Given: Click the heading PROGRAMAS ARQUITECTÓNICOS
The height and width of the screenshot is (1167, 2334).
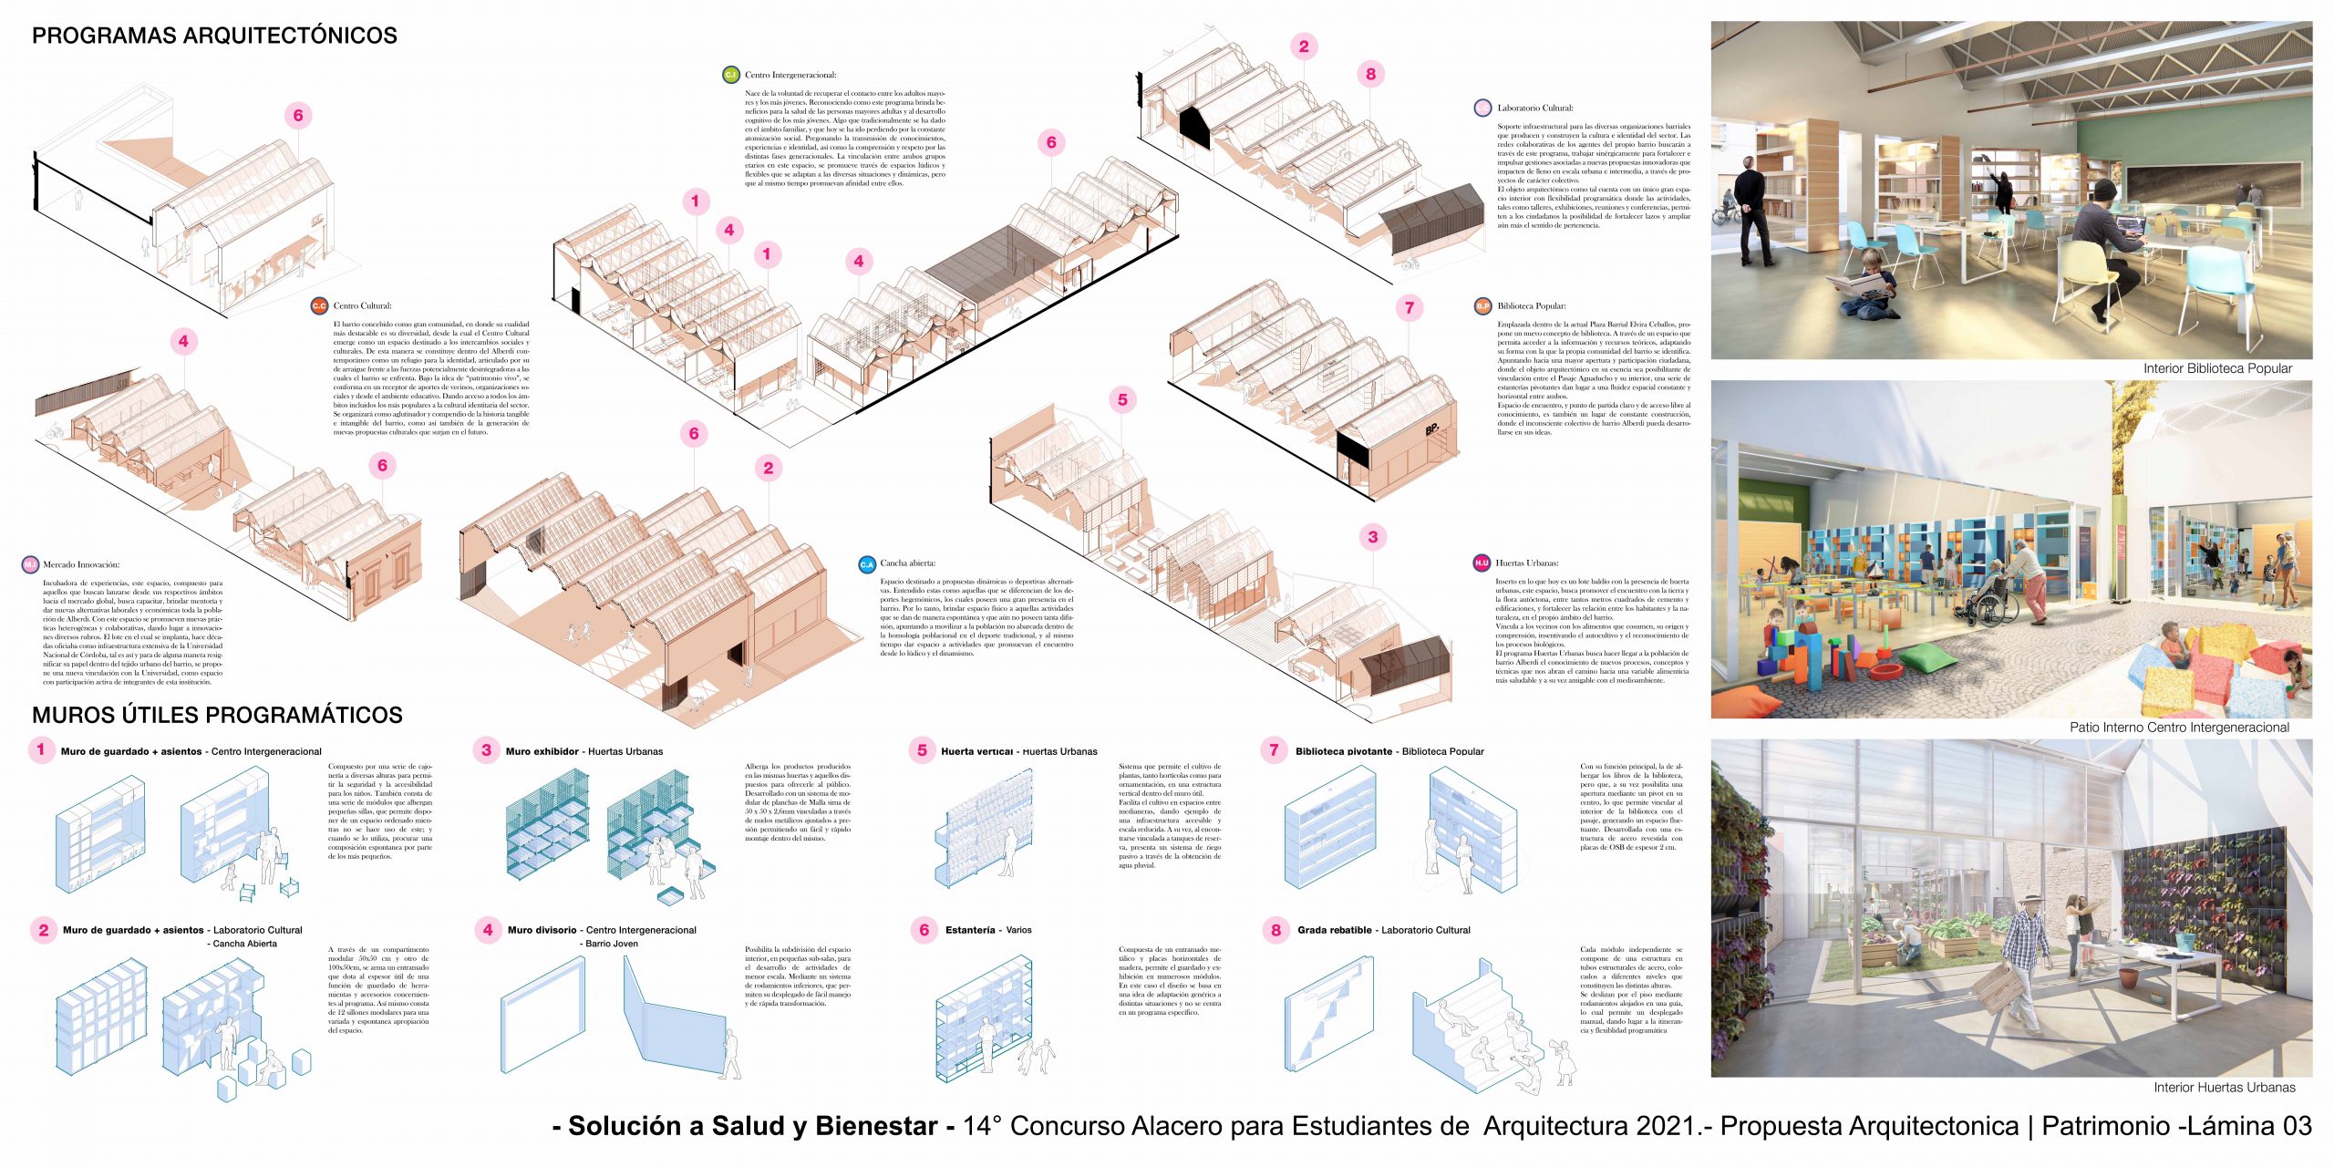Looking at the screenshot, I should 214,36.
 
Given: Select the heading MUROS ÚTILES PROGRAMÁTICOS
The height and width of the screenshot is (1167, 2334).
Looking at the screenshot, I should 217,715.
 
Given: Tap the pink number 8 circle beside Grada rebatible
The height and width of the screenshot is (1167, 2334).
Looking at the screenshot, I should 1275,930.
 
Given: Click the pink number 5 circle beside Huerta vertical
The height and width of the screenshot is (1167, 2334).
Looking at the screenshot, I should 922,750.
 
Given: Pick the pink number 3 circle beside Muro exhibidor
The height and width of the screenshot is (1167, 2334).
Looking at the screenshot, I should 486,750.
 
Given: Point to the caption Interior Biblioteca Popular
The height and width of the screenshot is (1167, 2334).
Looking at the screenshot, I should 2217,368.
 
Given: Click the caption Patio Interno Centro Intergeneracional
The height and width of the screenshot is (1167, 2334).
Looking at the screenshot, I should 2179,728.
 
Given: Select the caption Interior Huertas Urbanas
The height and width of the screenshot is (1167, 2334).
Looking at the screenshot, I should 2224,1087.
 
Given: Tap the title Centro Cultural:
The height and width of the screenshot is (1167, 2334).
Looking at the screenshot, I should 362,305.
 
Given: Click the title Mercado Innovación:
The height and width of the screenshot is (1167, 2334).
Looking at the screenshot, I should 81,564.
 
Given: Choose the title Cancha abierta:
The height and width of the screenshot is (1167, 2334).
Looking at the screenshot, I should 908,563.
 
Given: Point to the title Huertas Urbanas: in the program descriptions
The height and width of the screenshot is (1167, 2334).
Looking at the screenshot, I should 1527,563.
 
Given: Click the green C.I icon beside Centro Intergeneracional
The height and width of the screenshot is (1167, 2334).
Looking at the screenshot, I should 730,75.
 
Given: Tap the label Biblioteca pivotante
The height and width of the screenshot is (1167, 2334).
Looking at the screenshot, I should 1343,751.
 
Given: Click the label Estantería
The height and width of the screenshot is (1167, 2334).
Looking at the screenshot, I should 970,930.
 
